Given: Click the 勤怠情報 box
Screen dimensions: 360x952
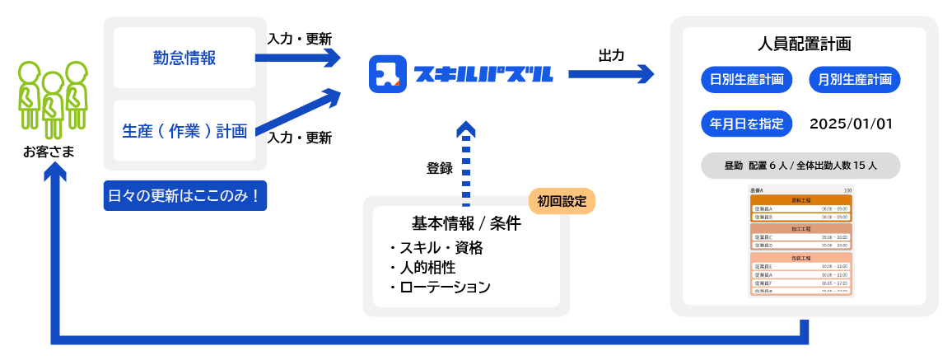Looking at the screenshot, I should pos(184,58).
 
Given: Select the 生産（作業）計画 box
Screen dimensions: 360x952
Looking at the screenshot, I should pos(184,130).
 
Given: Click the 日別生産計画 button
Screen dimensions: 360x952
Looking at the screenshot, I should pos(747,80).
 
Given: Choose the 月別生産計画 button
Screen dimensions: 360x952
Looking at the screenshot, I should pos(855,80).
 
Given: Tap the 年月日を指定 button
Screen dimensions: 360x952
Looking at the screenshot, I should pos(747,124).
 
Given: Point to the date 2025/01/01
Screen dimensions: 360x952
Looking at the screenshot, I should pos(852,124).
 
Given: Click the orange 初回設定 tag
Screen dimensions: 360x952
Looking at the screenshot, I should pos(562,201).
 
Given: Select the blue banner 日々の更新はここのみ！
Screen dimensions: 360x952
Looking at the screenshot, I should pos(184,197).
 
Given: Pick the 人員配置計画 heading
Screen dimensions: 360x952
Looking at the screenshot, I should pos(804,44).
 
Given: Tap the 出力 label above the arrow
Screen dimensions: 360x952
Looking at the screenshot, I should pos(611,55).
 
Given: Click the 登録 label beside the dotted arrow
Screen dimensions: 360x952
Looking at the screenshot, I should pos(440,168).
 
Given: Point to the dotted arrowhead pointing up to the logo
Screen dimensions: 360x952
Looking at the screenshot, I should pos(466,130).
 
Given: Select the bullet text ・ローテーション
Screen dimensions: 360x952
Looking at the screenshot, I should pos(440,287).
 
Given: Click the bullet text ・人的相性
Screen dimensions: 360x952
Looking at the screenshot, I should pos(422,268).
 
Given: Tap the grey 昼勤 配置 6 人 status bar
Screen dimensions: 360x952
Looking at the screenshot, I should pos(800,166).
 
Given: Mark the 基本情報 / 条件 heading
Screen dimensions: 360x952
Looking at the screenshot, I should pos(465,223).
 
